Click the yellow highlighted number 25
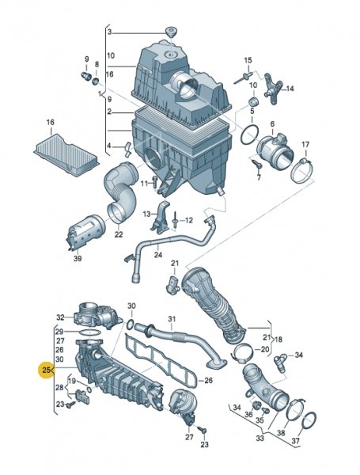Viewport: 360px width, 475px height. tap(47, 369)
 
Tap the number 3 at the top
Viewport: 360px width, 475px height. tap(111, 32)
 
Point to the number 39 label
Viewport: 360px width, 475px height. tap(77, 258)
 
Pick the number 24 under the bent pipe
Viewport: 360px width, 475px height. tap(158, 255)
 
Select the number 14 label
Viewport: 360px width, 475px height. tap(290, 89)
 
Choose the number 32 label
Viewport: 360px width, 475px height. tap(59, 317)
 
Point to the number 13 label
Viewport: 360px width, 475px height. tap(146, 214)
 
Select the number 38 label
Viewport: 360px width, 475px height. tap(280, 434)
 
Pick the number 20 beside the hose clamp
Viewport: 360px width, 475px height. tap(265, 349)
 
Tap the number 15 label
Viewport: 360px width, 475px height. tap(248, 60)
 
